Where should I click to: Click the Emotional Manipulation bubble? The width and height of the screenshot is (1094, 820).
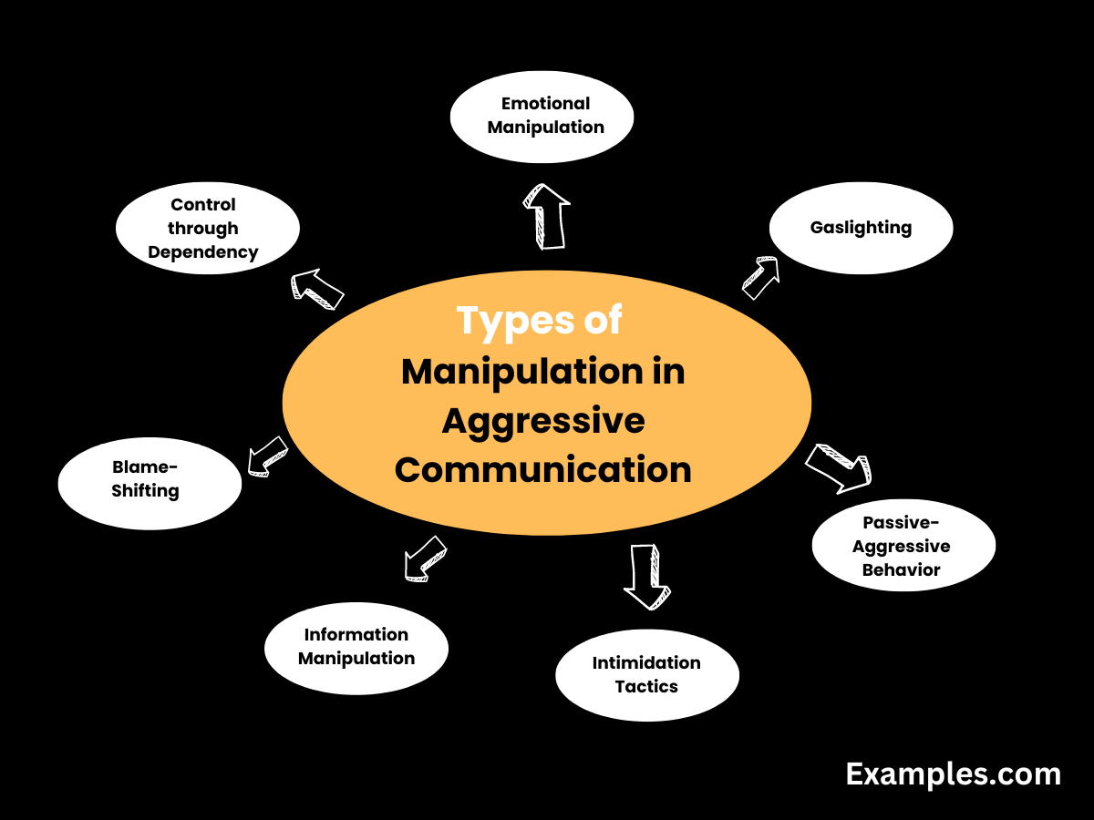point(542,117)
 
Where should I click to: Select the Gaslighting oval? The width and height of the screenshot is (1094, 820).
point(861,228)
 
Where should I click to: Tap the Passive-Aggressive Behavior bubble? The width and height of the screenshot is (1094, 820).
point(903,546)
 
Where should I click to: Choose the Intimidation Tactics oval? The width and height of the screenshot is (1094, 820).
point(646,675)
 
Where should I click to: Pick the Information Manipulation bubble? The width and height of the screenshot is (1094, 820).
point(356,647)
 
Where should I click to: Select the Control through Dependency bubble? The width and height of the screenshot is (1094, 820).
point(207,229)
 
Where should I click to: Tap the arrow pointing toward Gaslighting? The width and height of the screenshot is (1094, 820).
point(760,278)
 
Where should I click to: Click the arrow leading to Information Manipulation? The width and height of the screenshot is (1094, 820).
point(425,558)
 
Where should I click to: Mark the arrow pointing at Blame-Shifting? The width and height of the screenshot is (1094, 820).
point(267,455)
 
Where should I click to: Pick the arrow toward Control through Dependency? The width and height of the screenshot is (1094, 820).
point(316,289)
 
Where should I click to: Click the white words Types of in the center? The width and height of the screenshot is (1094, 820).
point(540,321)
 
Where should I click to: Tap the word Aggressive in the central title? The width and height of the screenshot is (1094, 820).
point(544,421)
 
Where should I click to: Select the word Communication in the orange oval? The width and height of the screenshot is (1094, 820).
point(544,470)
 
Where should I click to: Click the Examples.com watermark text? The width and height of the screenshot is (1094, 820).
point(953,774)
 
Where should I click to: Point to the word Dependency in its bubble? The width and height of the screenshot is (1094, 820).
point(203,252)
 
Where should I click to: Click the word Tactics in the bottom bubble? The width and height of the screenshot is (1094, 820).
point(646,687)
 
